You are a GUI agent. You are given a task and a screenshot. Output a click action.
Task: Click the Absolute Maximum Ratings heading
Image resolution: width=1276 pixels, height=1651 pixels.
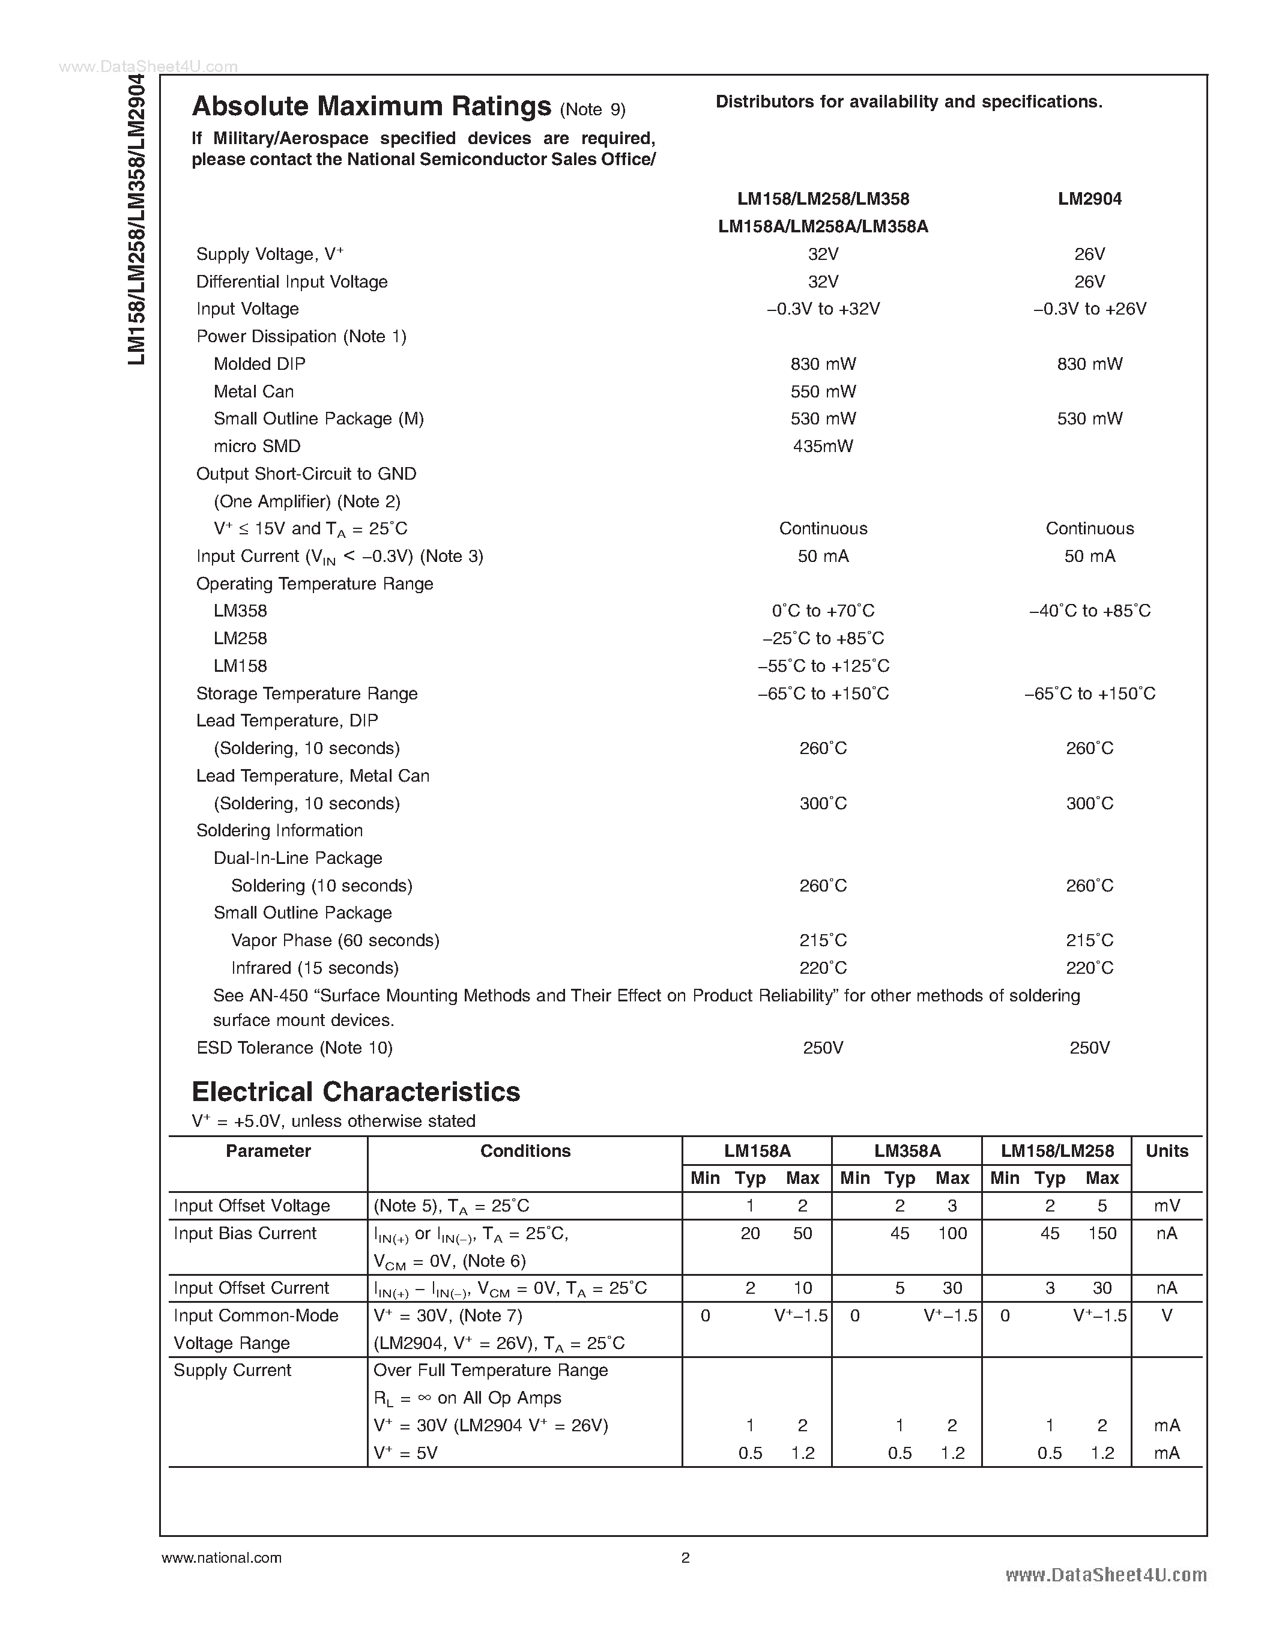pos(371,107)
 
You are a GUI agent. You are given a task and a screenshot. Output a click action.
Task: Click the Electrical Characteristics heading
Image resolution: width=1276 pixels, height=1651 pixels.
pos(355,1091)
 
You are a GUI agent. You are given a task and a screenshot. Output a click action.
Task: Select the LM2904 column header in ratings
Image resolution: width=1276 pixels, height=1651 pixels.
pos(1089,199)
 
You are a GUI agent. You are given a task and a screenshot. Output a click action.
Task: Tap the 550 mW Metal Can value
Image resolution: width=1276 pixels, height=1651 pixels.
pos(823,391)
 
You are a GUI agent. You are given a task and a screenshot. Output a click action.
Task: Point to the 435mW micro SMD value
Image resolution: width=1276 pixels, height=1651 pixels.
pos(823,446)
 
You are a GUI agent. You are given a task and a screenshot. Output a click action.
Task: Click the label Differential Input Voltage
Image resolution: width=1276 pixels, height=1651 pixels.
pos(292,282)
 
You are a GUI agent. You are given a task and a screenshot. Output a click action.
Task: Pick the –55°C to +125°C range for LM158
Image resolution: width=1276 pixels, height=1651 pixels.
pos(823,666)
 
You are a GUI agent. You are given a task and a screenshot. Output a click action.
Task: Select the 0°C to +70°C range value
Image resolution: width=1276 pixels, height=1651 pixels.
pos(823,611)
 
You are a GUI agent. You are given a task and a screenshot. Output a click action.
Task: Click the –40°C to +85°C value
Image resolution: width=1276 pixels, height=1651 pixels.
pos(1089,611)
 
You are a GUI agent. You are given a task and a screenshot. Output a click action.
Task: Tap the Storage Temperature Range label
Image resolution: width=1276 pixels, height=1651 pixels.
pos(306,693)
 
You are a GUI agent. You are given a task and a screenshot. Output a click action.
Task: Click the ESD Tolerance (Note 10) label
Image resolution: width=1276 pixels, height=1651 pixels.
pos(294,1048)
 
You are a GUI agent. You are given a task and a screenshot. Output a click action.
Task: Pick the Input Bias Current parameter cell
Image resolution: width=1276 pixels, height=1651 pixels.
pos(245,1233)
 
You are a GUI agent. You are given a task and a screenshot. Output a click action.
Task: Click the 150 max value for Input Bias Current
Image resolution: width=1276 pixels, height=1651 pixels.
pos(1102,1233)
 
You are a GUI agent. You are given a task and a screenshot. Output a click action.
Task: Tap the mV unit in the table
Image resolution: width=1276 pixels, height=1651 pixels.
pos(1166,1206)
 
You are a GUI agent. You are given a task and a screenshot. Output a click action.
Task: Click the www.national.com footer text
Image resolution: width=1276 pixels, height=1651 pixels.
pos(222,1557)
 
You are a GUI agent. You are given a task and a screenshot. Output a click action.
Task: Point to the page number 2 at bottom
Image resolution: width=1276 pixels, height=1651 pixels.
pos(685,1557)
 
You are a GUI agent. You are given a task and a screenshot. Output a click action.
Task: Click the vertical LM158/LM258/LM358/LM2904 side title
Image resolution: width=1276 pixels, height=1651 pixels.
pos(136,219)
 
